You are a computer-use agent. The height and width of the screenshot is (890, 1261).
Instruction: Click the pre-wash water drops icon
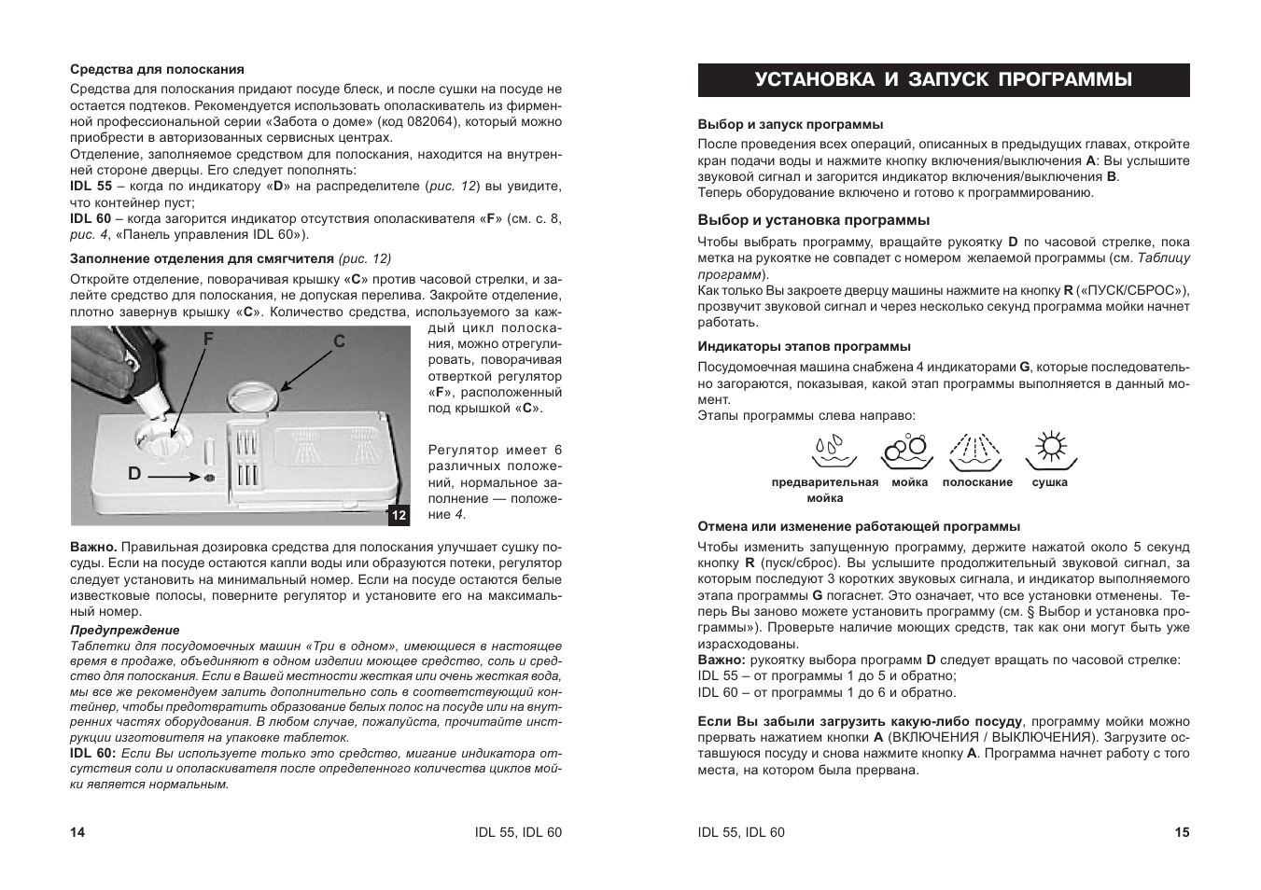pos(834,451)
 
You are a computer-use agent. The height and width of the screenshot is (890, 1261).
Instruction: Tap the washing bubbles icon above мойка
pos(907,451)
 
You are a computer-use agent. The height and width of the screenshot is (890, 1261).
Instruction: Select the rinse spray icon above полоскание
pos(975,451)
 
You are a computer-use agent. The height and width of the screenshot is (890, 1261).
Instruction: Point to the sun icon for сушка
pos(1051,450)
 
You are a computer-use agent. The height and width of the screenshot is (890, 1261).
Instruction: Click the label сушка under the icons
pos(1050,482)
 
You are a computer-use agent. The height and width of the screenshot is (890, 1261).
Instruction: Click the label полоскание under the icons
pos(977,482)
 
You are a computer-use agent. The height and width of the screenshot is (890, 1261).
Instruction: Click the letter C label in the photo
pos(340,342)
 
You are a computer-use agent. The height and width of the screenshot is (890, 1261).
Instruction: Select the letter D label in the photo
pos(134,474)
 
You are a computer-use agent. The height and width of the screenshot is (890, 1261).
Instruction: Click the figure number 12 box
pos(399,515)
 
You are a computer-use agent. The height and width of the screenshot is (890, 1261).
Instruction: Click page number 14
pos(77,832)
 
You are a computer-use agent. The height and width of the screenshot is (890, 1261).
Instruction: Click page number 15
pos(1182,832)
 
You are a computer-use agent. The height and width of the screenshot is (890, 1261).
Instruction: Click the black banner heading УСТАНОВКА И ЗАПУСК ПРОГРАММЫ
pos(944,80)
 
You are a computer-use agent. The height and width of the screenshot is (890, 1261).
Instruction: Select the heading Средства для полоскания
pos(157,69)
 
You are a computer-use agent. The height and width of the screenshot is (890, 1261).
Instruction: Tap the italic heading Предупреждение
pos(125,630)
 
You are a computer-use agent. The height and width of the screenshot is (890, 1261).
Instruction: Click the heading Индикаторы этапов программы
pos(804,346)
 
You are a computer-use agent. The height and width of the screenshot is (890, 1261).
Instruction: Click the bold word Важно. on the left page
pos(93,547)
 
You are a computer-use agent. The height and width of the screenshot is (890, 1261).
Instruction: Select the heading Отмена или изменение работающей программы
pos(859,526)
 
